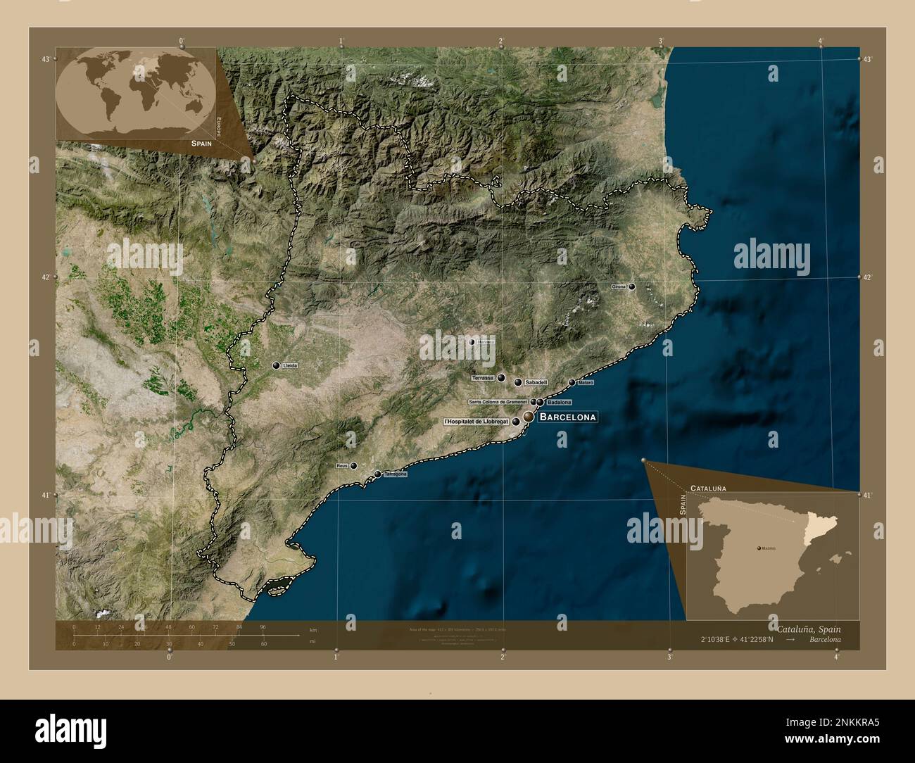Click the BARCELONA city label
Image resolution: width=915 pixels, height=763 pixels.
tap(567, 417)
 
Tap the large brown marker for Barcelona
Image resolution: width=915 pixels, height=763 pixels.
tap(527, 417)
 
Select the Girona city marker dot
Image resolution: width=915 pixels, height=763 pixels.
tap(632, 287)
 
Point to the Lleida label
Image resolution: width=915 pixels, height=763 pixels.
tap(289, 366)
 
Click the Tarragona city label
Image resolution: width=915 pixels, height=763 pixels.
tap(395, 474)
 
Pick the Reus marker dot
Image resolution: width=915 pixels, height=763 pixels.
tap(354, 465)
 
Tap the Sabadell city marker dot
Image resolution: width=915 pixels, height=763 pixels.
tap(518, 382)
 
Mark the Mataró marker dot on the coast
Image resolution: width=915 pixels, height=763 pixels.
tap(572, 382)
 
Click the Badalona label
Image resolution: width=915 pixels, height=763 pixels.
tap(559, 403)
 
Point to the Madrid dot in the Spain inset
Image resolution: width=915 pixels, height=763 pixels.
tap(757, 547)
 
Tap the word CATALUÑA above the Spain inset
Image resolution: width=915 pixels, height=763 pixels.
tap(708, 488)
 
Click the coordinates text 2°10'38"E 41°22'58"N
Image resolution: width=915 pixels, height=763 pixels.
tap(736, 640)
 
